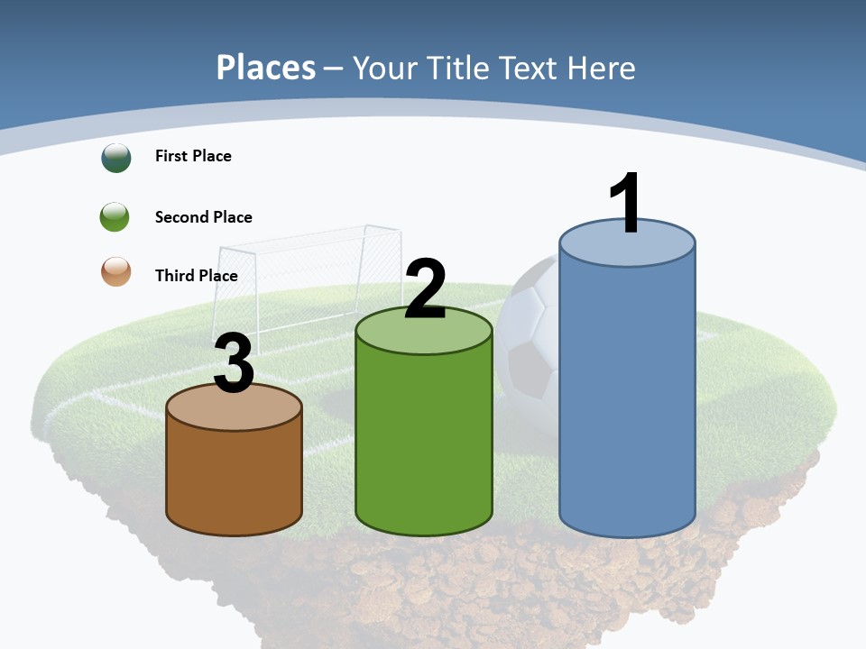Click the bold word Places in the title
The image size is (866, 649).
pos(266,68)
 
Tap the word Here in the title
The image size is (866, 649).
pos(602,68)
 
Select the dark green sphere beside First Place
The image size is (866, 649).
pos(115,157)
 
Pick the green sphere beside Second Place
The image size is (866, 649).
pos(115,217)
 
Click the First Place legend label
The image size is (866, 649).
pos(193,156)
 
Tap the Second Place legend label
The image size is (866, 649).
pos(203,217)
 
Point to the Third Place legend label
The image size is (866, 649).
pos(196,276)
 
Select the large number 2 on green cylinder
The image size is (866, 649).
pos(425,289)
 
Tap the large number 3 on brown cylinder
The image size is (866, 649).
pos(235,364)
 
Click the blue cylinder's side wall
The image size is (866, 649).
pos(627,397)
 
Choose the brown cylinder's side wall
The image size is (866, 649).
pos(234,478)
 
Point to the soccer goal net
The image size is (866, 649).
pos(307,270)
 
